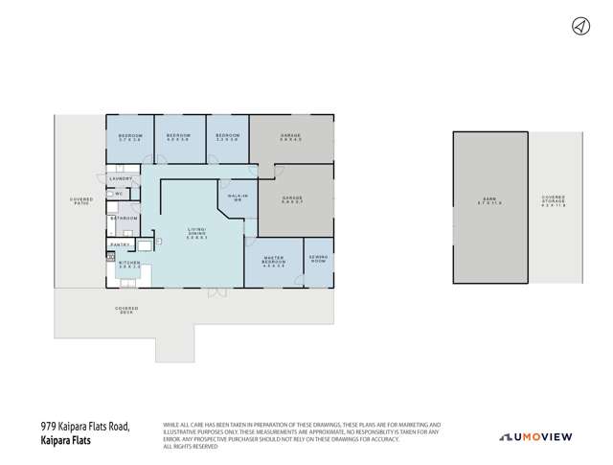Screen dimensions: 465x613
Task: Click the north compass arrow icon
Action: click(x=579, y=27)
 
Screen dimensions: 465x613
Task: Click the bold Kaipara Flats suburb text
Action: click(x=72, y=440)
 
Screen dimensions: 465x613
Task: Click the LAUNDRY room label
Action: click(x=121, y=178)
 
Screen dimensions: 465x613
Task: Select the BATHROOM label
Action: click(x=124, y=219)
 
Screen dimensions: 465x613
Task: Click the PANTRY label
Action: click(x=120, y=245)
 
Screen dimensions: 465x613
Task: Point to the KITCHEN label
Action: click(x=129, y=263)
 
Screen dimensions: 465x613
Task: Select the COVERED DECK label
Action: click(x=126, y=310)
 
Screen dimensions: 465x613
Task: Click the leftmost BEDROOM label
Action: click(x=130, y=137)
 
